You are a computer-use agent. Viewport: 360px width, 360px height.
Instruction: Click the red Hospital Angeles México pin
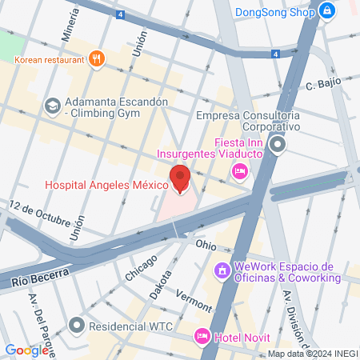click(x=180, y=178)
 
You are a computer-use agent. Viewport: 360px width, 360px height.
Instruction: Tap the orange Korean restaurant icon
click(x=97, y=58)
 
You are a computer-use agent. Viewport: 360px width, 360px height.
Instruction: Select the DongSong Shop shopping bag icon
click(x=326, y=11)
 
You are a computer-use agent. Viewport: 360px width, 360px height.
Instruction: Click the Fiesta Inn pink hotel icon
click(x=238, y=170)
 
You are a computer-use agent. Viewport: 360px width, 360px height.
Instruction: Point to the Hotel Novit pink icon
click(x=202, y=337)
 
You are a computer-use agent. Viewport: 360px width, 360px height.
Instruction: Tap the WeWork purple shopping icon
click(x=221, y=272)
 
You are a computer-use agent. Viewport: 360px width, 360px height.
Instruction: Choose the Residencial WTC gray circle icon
click(x=77, y=326)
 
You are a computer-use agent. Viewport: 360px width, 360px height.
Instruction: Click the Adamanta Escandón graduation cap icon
click(x=52, y=105)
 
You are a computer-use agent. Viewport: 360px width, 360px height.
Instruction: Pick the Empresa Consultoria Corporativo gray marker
click(x=278, y=145)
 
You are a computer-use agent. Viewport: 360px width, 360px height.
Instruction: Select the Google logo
click(x=26, y=350)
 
